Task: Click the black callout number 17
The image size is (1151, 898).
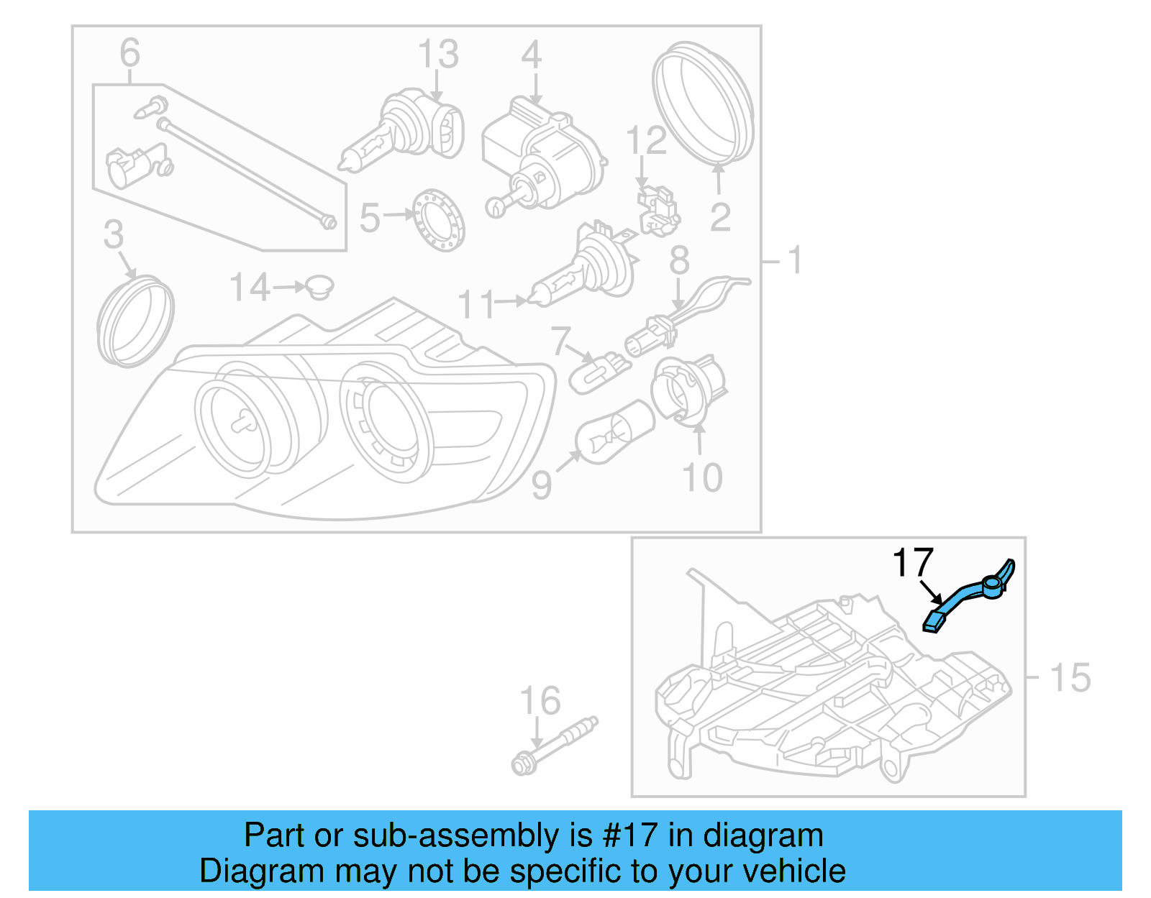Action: [912, 563]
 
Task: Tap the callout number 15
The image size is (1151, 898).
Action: [1070, 678]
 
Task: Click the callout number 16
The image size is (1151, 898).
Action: [540, 701]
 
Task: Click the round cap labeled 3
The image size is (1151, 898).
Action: [136, 320]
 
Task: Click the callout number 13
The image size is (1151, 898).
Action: [437, 54]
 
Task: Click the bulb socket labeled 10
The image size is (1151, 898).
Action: [687, 388]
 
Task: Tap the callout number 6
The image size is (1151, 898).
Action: [130, 52]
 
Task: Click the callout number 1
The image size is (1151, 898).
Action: [794, 260]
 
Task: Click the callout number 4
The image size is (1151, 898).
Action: [531, 54]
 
